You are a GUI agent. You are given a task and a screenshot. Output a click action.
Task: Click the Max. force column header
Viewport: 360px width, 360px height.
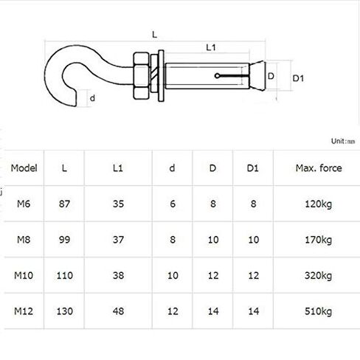(x=319, y=168)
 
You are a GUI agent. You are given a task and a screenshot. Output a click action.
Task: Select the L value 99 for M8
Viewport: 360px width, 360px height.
(x=64, y=239)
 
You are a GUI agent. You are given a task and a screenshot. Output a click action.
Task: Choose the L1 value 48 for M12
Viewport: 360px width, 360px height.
(x=117, y=311)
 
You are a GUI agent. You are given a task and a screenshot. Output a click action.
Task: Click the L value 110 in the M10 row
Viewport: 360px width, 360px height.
(x=64, y=275)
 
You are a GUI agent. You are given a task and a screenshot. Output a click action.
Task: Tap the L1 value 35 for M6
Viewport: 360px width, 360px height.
(x=117, y=204)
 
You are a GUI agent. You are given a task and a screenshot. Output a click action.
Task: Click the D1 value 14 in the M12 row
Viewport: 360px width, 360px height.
(x=252, y=311)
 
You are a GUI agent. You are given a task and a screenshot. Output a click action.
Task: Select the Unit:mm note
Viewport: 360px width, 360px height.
(x=343, y=140)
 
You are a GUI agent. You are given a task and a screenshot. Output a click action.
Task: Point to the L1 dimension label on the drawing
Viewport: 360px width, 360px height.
(x=210, y=47)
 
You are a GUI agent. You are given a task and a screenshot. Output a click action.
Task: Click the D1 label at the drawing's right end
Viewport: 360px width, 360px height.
(x=299, y=77)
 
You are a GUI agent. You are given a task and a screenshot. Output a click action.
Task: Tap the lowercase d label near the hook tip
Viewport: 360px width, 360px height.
(x=92, y=97)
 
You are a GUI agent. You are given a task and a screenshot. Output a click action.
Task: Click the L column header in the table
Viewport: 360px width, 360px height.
(x=64, y=168)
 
